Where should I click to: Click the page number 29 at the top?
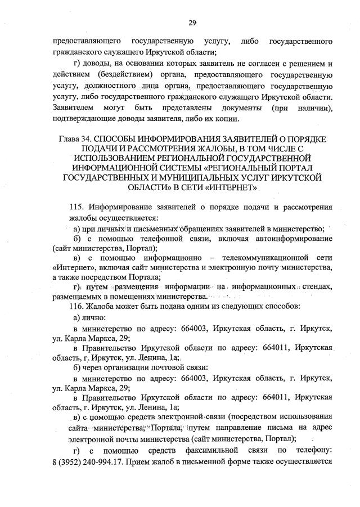192,22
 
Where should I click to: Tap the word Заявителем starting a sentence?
70,107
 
